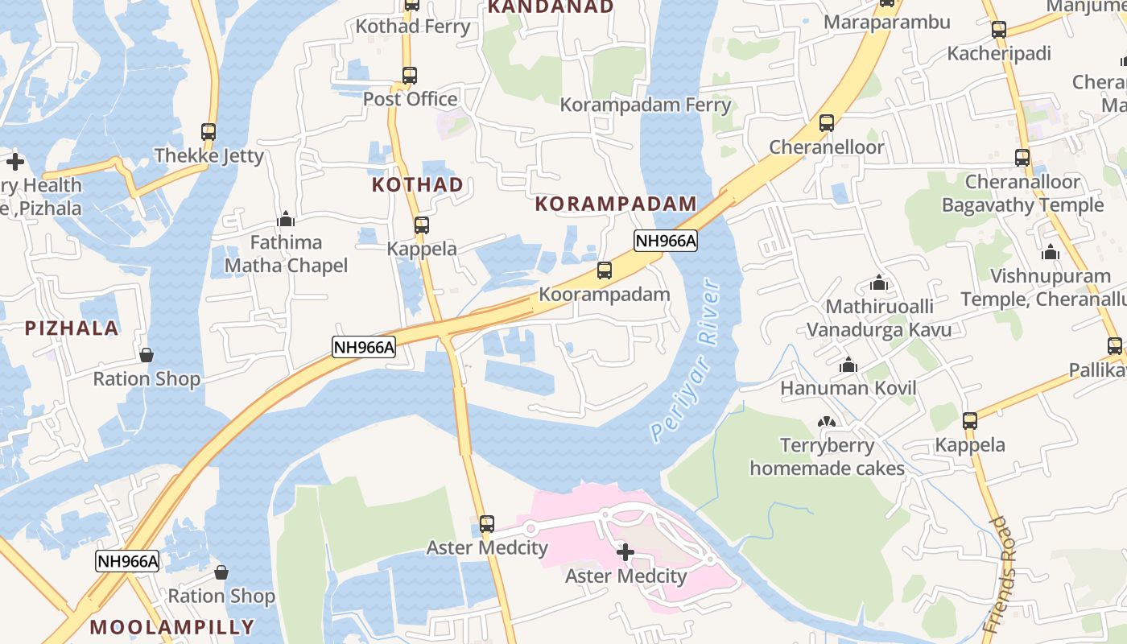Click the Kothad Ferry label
point(412,27)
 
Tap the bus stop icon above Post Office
point(410,76)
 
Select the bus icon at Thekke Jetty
point(208,131)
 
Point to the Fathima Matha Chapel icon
point(286,219)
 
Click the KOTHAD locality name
point(417,185)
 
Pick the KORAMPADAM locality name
point(616,204)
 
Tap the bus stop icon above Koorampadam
point(605,270)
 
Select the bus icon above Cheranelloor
point(827,123)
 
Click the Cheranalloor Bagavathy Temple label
point(1022,193)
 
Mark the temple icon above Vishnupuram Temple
point(1050,252)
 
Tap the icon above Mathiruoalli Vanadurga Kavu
point(879,283)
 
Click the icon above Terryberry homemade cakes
point(827,422)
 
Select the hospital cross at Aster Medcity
point(625,552)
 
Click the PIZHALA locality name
point(72,328)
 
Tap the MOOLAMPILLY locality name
point(171,627)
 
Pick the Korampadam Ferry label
point(646,105)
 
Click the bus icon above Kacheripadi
point(999,30)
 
